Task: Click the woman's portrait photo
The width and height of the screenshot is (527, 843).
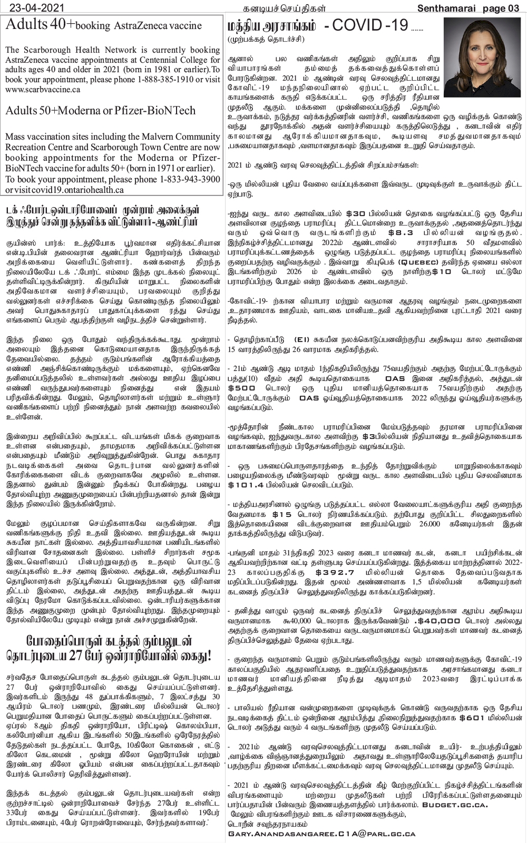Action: click(x=482, y=57)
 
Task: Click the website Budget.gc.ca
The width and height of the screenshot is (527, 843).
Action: click(x=454, y=805)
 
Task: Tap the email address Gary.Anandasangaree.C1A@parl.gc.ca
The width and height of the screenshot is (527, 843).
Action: click(x=321, y=834)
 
